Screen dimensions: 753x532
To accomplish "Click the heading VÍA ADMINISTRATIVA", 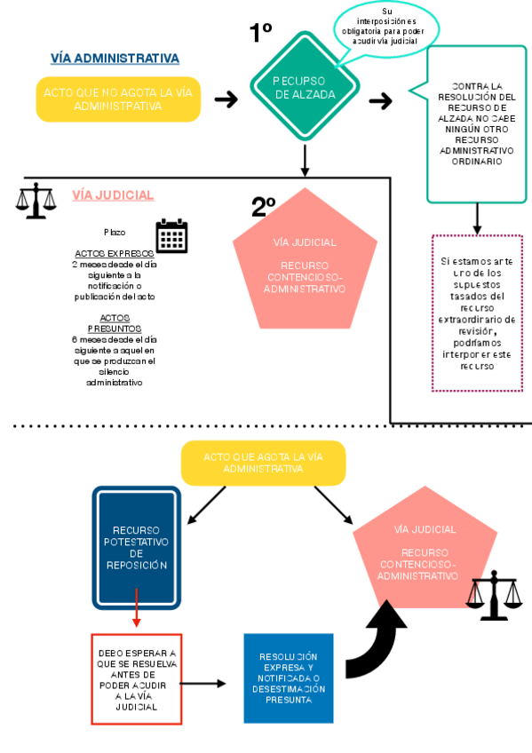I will pyautogui.click(x=115, y=59).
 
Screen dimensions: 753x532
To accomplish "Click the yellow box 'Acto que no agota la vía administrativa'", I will pyautogui.click(x=118, y=99).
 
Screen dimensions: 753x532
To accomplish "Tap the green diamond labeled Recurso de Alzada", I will pyautogui.click(x=305, y=87).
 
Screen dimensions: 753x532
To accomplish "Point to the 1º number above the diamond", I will pyautogui.click(x=260, y=33).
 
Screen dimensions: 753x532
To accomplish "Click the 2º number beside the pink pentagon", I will pyautogui.click(x=264, y=207).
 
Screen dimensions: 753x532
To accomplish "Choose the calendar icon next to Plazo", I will pyautogui.click(x=171, y=236).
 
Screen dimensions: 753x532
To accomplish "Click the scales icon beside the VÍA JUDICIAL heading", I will pyautogui.click(x=36, y=202).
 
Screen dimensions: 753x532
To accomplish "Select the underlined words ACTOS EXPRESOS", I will pyautogui.click(x=114, y=253).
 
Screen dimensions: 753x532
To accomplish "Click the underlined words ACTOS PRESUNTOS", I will pyautogui.click(x=114, y=322).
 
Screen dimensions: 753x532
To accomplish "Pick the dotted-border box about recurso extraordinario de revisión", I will pyautogui.click(x=477, y=313).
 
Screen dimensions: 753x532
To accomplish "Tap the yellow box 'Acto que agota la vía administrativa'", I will pyautogui.click(x=263, y=463).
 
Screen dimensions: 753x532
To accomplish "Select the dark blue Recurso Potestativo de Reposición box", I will pyautogui.click(x=136, y=547).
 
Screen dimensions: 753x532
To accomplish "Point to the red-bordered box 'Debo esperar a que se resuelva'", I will pyautogui.click(x=136, y=679).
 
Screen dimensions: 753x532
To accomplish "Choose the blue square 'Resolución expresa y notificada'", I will pyautogui.click(x=289, y=678).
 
